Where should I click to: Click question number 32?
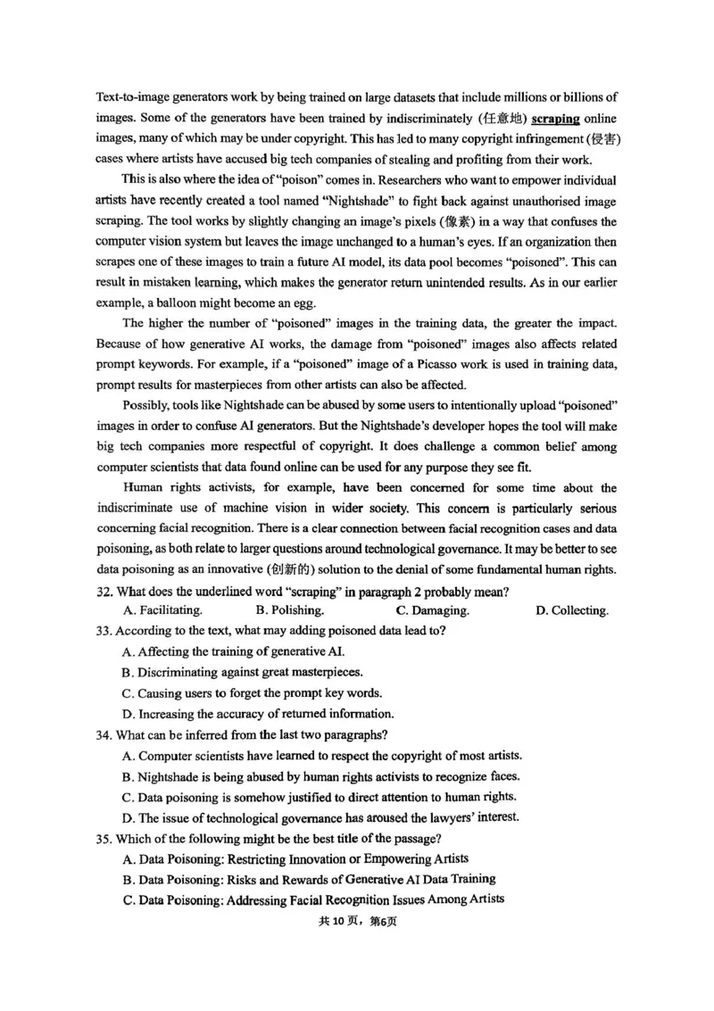point(104,591)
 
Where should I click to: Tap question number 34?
point(104,735)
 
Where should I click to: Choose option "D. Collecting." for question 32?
point(571,611)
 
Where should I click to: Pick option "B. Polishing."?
point(289,611)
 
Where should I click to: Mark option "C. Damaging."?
point(432,611)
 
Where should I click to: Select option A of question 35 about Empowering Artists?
point(295,859)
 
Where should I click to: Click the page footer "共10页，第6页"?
point(357,922)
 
